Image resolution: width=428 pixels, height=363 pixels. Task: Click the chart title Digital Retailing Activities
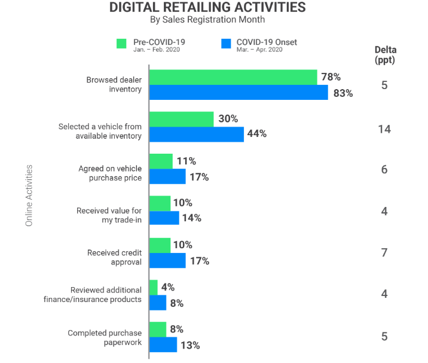pos(207,8)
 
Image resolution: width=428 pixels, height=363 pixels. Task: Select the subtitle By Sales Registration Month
pos(207,20)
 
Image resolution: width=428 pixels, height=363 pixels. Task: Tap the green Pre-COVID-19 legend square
pos(121,44)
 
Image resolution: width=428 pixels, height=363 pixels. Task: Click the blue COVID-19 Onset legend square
pos(225,44)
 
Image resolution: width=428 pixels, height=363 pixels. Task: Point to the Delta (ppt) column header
pos(385,54)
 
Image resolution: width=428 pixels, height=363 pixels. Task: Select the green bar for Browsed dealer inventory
pos(233,77)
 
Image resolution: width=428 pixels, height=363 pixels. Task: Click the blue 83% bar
pos(239,92)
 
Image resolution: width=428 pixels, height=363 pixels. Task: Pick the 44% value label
pos(256,134)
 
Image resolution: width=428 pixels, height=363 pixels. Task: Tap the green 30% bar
pos(181,119)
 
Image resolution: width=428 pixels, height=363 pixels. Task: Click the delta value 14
pos(384,128)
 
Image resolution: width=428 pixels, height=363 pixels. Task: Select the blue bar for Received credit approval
pos(167,260)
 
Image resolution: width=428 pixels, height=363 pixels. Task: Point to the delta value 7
pos(384,253)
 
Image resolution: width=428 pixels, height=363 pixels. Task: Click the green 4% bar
pos(154,287)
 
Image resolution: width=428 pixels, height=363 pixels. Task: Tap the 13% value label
pos(189,345)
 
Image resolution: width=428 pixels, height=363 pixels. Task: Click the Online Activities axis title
pos(29,195)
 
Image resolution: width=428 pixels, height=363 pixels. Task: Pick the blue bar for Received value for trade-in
pos(164,218)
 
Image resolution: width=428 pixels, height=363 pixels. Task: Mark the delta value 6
pos(384,170)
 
